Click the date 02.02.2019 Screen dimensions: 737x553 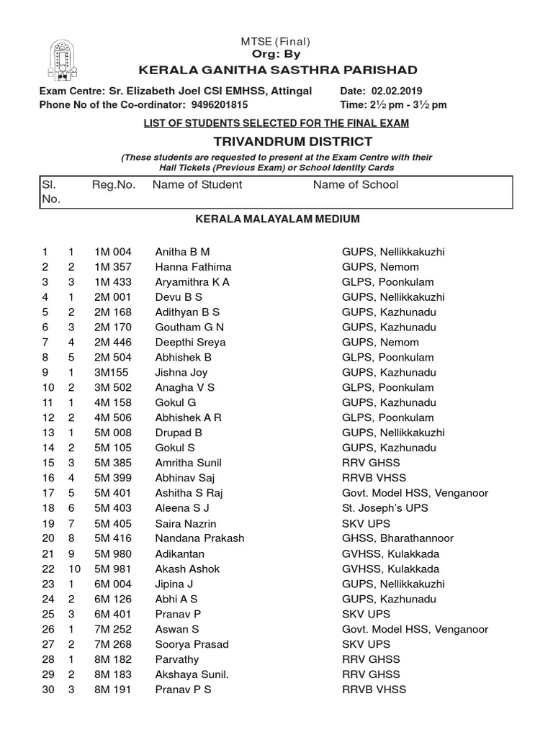point(397,91)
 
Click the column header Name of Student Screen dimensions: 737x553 point(197,185)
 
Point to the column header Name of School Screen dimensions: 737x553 point(355,185)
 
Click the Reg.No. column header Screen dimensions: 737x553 point(114,185)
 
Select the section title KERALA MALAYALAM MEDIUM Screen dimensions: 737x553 point(277,219)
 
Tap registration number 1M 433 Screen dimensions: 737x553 point(113,282)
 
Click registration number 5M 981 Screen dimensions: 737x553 point(113,569)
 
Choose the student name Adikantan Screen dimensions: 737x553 point(179,553)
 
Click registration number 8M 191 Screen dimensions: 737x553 point(113,689)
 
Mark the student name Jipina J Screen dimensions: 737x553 point(174,584)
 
